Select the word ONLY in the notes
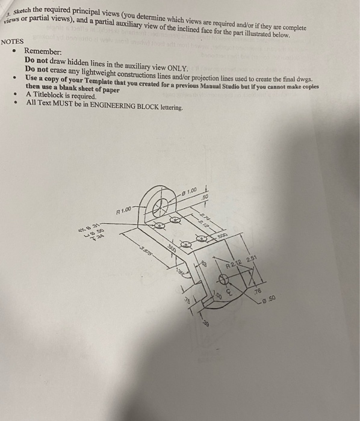click(x=177, y=69)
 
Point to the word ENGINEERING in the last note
click(x=117, y=103)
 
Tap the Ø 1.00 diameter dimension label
click(x=189, y=192)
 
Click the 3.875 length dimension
click(x=144, y=253)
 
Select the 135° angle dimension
click(x=181, y=273)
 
